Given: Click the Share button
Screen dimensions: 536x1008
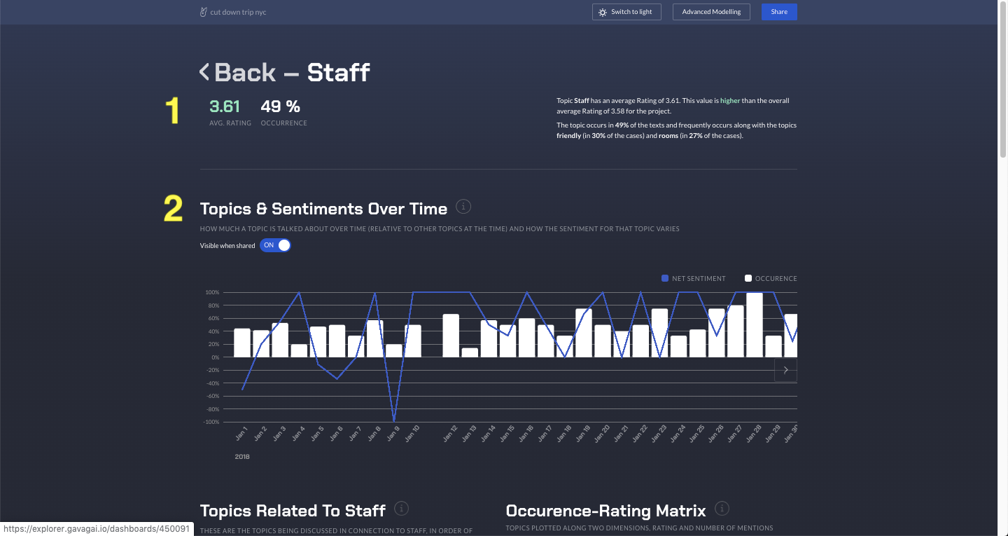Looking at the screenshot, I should (x=778, y=12).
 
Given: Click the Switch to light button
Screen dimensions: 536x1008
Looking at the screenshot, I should (x=626, y=12).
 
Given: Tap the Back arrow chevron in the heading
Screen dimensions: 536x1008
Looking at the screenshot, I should (x=204, y=71).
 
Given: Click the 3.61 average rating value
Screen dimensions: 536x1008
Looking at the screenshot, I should (x=225, y=106).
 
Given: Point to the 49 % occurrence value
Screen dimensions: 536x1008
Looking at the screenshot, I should (x=280, y=106).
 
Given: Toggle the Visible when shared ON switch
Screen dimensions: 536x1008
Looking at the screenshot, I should (x=275, y=245).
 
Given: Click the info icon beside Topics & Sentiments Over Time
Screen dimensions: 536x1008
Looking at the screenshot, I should (x=463, y=207).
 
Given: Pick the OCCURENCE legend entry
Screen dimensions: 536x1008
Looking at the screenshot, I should (x=771, y=279).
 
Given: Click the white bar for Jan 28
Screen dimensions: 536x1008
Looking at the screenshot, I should (x=754, y=325).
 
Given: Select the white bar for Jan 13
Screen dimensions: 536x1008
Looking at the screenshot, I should (x=470, y=352).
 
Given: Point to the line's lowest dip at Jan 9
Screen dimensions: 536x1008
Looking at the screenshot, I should (x=394, y=420).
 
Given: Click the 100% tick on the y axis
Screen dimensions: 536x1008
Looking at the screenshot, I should (x=212, y=292).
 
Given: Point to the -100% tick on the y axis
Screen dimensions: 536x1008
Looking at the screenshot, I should (x=211, y=422).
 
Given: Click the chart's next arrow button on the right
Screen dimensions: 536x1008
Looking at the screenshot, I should (x=785, y=370).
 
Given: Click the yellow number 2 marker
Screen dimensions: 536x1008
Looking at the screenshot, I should (x=173, y=209).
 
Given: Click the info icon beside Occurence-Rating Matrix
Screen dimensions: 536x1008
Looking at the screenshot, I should (x=722, y=509).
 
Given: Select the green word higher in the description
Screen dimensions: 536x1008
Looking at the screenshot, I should (x=729, y=101).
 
